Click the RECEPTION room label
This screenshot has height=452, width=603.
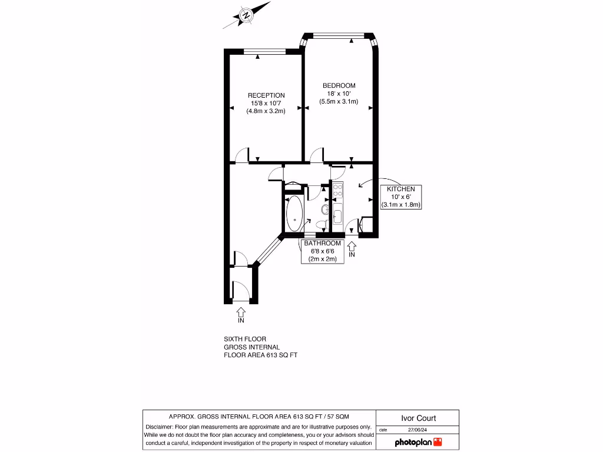[x=266, y=95]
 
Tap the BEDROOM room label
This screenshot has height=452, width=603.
[x=339, y=86]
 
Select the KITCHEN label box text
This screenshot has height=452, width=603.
[x=400, y=189]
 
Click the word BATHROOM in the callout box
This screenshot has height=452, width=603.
[x=322, y=243]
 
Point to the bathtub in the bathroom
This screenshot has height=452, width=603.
[x=294, y=213]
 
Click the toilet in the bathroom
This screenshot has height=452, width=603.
[x=321, y=224]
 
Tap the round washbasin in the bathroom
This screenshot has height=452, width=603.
[x=325, y=209]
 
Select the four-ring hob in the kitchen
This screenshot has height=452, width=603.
[x=337, y=190]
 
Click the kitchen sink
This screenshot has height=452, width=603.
[x=337, y=217]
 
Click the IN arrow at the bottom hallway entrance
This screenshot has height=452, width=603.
[x=240, y=313]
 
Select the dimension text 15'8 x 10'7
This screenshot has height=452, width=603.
[x=266, y=103]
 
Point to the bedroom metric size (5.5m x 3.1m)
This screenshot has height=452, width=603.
[x=339, y=101]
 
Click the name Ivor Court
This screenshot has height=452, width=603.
[x=418, y=418]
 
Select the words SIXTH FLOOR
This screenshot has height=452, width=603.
[x=245, y=339]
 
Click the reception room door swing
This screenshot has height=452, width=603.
[x=241, y=155]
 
